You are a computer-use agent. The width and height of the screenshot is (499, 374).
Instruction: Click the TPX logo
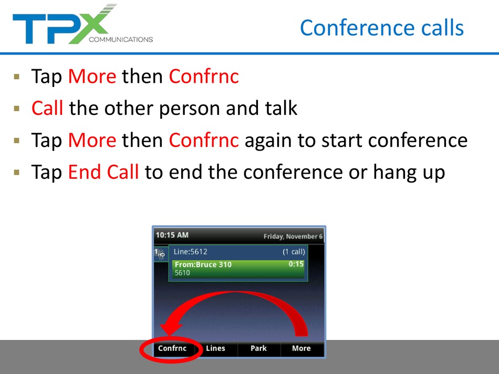pos(83,25)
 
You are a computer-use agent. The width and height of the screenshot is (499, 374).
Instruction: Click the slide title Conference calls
pos(382,28)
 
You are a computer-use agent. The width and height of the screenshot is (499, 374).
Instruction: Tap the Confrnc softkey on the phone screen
pos(172,348)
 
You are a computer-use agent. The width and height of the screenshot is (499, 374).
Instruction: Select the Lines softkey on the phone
pos(215,348)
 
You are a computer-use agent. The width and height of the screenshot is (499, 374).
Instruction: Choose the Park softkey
pos(258,348)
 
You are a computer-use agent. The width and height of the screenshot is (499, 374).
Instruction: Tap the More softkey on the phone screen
pos(302,348)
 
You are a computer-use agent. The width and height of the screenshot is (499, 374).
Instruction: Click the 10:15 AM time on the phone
pos(172,235)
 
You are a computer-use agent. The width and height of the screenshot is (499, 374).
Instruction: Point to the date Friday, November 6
pos(293,237)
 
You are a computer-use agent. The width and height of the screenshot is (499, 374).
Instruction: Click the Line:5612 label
pos(190,252)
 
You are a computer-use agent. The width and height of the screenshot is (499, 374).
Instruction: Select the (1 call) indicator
pos(294,252)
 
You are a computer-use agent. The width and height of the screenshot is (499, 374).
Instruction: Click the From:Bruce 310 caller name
pos(203,264)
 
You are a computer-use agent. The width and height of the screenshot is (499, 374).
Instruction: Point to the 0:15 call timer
pos(296,264)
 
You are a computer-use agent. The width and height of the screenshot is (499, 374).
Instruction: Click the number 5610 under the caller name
pos(182,273)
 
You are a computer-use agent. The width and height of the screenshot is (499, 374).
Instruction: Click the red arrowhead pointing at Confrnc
pos(171,329)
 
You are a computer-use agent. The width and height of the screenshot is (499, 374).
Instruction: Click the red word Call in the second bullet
pos(47,108)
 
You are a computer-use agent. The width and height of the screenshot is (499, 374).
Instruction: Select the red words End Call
pos(103,172)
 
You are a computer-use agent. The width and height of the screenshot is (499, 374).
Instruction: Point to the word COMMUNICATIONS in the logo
pos(121,39)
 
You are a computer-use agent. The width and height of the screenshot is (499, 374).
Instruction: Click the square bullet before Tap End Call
pos(17,173)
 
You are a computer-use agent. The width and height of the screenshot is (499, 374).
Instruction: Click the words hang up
pos(409,173)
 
